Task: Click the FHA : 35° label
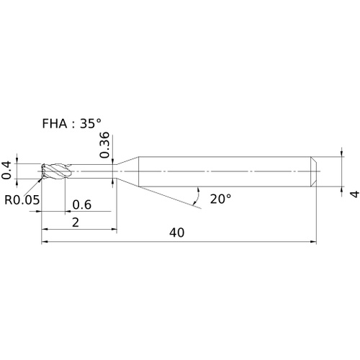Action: pyautogui.click(x=71, y=124)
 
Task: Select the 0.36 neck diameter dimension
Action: pyautogui.click(x=104, y=145)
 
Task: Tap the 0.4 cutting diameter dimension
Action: pyautogui.click(x=6, y=171)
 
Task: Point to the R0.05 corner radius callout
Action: pyautogui.click(x=22, y=199)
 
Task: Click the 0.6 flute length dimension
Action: pyautogui.click(x=82, y=204)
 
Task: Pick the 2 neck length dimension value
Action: pyautogui.click(x=76, y=222)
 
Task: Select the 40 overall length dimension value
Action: pyautogui.click(x=177, y=233)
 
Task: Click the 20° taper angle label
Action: pyautogui.click(x=220, y=199)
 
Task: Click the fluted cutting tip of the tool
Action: pyautogui.click(x=57, y=171)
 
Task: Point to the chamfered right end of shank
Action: pyautogui.click(x=314, y=171)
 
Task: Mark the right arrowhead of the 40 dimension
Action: pyautogui.click(x=313, y=242)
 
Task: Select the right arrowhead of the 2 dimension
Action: pyautogui.click(x=114, y=229)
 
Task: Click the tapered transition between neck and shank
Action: pyautogui.click(x=128, y=171)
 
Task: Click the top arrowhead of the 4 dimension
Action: pyautogui.click(x=342, y=153)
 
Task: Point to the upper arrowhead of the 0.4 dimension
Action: pyautogui.click(x=17, y=161)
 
